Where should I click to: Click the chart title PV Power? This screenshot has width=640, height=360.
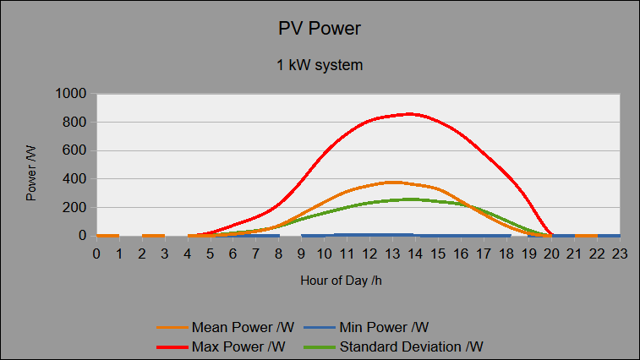(320, 29)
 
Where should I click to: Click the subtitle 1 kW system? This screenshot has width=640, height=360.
(320, 65)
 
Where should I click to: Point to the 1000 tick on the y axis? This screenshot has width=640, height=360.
(71, 94)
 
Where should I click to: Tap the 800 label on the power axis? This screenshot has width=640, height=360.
(74, 122)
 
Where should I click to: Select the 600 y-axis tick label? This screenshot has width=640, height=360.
(74, 150)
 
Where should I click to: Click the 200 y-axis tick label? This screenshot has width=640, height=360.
(74, 207)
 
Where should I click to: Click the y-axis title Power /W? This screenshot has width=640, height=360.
(31, 173)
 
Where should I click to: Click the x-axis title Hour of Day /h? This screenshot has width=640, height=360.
(342, 281)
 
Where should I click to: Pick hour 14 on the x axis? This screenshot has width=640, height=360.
(415, 254)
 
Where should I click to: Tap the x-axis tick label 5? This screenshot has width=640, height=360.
(210, 254)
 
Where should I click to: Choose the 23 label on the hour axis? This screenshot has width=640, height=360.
(620, 254)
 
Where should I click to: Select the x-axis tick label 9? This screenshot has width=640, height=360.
(301, 254)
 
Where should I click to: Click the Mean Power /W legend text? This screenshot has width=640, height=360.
(243, 327)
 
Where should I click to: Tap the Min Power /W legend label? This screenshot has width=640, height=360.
(384, 327)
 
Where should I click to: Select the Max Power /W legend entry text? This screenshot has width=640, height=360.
(238, 347)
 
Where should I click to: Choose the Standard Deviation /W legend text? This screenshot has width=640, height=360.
(412, 347)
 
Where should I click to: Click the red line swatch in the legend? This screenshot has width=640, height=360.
(172, 347)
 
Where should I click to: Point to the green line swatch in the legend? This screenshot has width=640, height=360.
(320, 347)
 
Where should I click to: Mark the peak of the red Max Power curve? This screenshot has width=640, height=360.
(409, 114)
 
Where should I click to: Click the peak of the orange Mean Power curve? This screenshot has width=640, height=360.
(393, 182)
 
